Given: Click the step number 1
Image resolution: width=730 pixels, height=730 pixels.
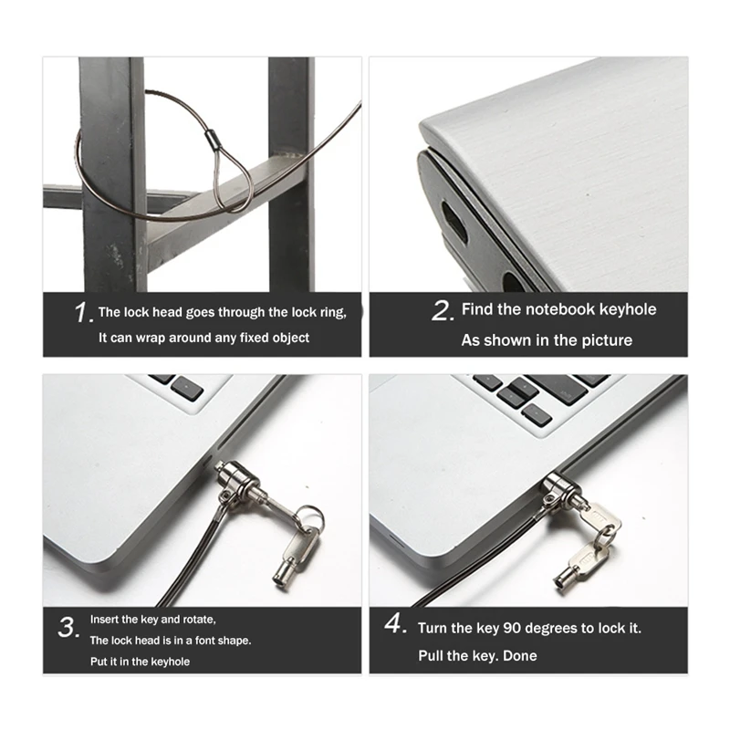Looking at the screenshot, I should [x=82, y=313].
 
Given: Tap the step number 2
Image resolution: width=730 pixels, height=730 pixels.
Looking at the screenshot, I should [x=442, y=311].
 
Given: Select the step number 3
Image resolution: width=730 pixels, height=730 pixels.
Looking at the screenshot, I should [x=68, y=628].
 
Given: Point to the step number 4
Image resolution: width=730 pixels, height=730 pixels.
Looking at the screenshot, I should [x=394, y=626].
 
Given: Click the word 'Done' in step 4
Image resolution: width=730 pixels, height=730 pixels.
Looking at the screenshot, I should [x=519, y=655].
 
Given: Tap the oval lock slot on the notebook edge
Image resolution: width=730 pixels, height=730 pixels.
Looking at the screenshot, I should [x=454, y=222].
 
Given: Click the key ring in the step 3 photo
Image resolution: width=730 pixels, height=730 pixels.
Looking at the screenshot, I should [x=310, y=518].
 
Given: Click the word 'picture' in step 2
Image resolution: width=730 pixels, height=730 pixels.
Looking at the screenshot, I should [x=605, y=340].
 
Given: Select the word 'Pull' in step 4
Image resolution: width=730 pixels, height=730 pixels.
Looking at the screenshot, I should [x=433, y=655].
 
